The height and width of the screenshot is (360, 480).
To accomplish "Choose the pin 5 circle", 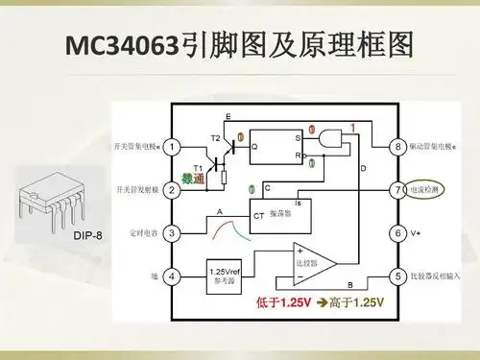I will point(396,276).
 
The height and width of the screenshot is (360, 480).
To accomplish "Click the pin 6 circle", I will point(396,233).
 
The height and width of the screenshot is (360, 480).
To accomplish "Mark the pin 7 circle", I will point(396,190).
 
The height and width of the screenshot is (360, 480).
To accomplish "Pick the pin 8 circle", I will point(396,147).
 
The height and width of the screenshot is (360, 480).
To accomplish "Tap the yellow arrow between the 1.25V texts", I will point(321,303).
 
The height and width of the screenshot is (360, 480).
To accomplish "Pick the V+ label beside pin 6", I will point(420,233).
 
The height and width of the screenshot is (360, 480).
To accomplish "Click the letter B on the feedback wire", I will point(349,285).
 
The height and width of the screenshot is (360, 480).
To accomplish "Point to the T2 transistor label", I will point(215,138).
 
